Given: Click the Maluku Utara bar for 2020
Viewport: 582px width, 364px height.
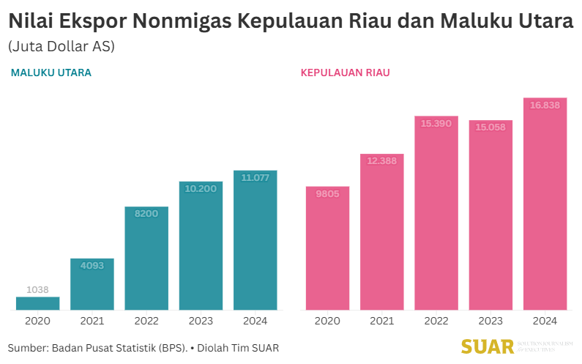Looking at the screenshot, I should [x=37, y=303].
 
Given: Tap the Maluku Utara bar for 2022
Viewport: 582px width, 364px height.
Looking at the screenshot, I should [x=146, y=258].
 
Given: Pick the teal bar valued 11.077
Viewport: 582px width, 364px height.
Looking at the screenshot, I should [x=255, y=240].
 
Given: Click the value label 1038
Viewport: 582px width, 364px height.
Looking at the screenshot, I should [x=37, y=290].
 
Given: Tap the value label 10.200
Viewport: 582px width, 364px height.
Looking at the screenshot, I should [x=201, y=188].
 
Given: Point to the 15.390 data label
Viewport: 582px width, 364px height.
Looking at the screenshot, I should [x=436, y=124].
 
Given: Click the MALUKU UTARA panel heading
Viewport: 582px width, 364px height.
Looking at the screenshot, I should [x=51, y=73].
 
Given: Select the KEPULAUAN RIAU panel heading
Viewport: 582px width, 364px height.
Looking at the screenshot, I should [x=345, y=73].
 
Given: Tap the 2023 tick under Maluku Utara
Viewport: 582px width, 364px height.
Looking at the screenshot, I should [x=201, y=321].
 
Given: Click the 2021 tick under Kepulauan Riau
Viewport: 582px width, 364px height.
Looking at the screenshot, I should [x=381, y=321].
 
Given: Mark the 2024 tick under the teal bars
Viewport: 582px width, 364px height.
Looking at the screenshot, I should [x=255, y=321].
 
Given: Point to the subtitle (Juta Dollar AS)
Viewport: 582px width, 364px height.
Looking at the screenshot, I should [x=61, y=46].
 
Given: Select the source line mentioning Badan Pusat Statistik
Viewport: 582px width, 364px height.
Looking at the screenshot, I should [x=143, y=347].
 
